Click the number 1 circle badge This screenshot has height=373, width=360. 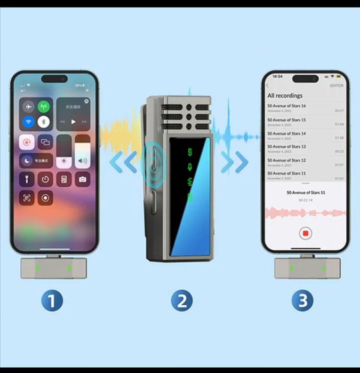click(52, 301)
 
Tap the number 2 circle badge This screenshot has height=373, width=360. click(181, 301)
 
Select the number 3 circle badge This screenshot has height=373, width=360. click(302, 301)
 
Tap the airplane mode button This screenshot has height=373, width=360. click(28, 106)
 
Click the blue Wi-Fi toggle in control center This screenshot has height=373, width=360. click(28, 122)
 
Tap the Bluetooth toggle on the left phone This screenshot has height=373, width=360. click(44, 122)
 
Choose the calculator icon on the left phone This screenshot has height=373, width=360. click(64, 179)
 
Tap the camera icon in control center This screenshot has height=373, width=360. click(82, 179)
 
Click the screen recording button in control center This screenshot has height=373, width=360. click(45, 198)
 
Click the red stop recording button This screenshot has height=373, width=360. click(306, 233)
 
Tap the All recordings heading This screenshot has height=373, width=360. click(285, 96)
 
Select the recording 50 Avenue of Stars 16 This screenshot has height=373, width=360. click(286, 106)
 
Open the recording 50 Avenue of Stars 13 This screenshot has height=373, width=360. click(286, 146)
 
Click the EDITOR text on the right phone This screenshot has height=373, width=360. click(337, 85)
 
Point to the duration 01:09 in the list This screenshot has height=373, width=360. click(339, 124)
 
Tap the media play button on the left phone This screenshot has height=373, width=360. click(74, 122)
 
